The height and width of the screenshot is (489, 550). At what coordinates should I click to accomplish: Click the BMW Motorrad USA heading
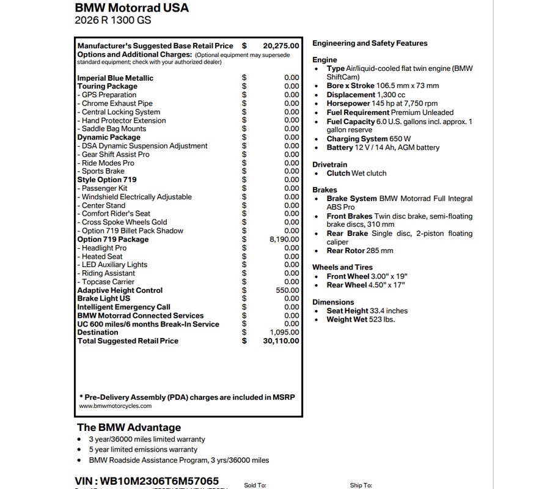coord(131,8)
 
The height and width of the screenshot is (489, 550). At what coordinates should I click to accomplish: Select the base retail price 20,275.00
coord(281,46)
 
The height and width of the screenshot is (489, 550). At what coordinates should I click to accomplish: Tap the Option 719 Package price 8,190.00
coord(284,240)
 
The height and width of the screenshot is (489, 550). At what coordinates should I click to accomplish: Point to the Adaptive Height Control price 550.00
coord(287,290)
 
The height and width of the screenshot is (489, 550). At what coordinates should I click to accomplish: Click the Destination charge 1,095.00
coord(284,333)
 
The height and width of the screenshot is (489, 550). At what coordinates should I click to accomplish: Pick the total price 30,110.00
coord(281,341)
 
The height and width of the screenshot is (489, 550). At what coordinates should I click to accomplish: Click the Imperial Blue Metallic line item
coord(115,78)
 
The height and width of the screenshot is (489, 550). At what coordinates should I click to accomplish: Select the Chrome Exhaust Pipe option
coord(117,104)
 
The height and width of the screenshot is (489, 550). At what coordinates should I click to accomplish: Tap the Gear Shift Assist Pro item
coord(116,155)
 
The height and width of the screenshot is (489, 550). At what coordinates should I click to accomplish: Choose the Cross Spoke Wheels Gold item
coord(124,222)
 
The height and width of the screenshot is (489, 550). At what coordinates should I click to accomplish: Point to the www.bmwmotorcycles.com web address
coord(115,406)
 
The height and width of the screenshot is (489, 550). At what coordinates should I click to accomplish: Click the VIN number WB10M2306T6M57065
coord(147,481)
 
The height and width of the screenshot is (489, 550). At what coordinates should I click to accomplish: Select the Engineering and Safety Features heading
coord(370,43)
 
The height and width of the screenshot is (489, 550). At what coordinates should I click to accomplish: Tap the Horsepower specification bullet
coord(382,104)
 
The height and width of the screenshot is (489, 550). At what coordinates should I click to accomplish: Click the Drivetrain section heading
coord(329,165)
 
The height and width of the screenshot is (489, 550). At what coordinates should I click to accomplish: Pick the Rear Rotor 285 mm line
coord(360,251)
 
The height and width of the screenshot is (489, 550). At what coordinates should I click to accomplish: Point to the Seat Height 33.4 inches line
coord(367,311)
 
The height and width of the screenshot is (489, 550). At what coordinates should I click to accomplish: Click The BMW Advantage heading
coord(129,427)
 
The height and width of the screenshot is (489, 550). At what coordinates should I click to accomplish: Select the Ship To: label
coord(361,485)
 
